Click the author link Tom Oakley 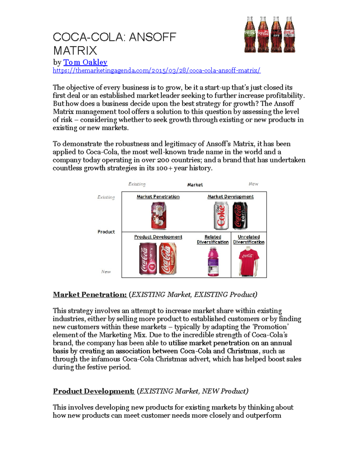[85, 62]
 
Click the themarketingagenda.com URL [156, 71]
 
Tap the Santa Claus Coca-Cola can [158, 216]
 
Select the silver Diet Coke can [221, 216]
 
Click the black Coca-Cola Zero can [240, 216]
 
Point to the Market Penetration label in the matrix [158, 197]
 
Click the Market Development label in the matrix [230, 197]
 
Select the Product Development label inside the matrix [158, 237]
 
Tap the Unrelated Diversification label [249, 239]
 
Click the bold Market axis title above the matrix [195, 185]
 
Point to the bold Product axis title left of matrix [106, 232]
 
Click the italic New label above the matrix [253, 184]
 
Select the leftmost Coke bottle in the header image [250, 35]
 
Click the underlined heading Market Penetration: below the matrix [90, 295]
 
